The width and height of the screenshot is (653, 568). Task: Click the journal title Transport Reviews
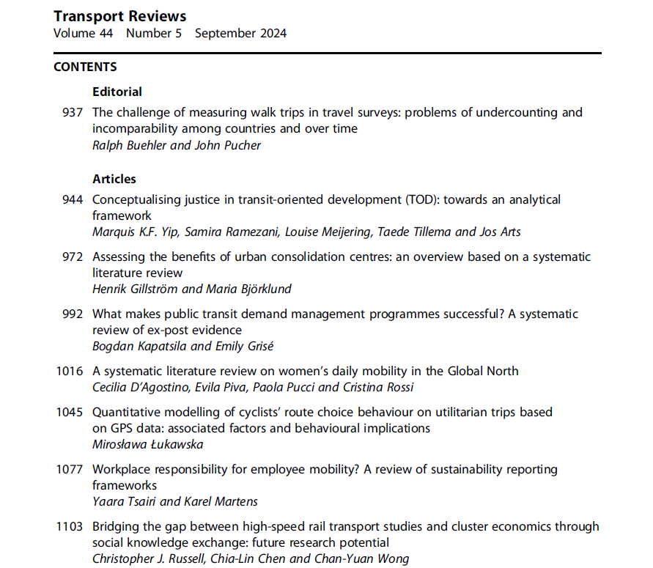(x=119, y=16)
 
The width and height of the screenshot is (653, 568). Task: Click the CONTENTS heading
(x=85, y=67)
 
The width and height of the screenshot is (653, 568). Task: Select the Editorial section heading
(x=117, y=92)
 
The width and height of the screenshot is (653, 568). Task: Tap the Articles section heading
(x=114, y=179)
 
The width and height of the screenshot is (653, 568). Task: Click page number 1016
(x=70, y=372)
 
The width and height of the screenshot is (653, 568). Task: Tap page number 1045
(x=70, y=413)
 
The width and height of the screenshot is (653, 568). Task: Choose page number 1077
(x=70, y=470)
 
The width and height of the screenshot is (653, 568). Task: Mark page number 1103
(x=70, y=527)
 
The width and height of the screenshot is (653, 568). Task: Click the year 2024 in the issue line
(x=272, y=33)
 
